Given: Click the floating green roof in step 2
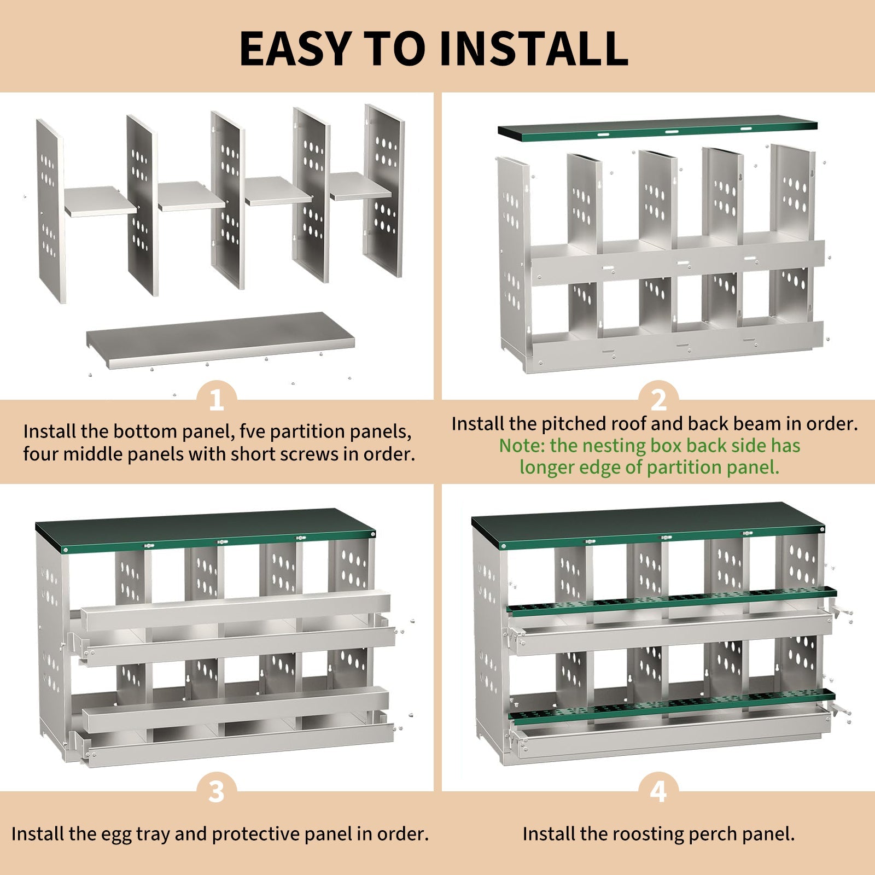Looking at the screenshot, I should pyautogui.click(x=656, y=129).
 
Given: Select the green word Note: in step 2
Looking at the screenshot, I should pyautogui.click(x=522, y=446).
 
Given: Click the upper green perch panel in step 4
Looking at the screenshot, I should pyautogui.click(x=670, y=600).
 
